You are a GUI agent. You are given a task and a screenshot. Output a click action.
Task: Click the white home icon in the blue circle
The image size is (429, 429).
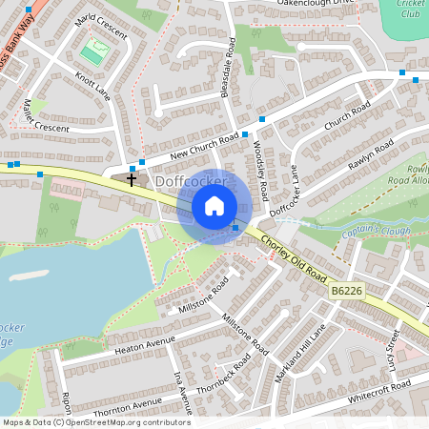tap(214, 205)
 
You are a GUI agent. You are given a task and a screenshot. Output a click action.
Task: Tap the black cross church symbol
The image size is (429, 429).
tap(132, 179)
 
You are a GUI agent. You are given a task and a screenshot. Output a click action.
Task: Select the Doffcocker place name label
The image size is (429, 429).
tap(191, 180)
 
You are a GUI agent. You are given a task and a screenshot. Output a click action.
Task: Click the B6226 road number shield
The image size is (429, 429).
tap(347, 291)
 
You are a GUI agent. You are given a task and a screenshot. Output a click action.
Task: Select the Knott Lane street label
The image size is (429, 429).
tap(92, 82)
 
